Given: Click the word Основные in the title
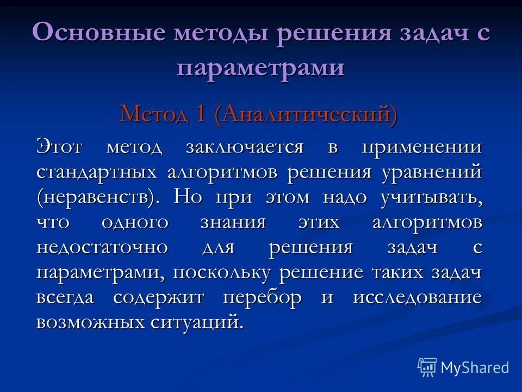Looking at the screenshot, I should click(98, 33).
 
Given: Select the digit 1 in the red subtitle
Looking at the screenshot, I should click(200, 114).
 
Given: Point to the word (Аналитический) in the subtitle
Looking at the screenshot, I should click(306, 114).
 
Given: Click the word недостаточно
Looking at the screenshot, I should click(102, 248).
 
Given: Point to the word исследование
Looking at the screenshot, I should click(417, 297).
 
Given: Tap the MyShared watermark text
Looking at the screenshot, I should click(475, 367).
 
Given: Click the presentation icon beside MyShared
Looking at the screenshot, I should click(427, 367).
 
